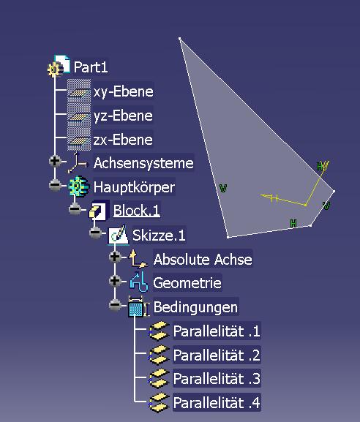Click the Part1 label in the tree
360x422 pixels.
pos(91,67)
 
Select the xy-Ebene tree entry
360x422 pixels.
pos(124,91)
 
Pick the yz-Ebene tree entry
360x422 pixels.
pos(123,116)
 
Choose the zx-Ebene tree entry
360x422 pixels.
pos(123,140)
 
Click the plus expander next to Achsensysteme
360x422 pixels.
pos(55,161)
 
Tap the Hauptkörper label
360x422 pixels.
pos(134,187)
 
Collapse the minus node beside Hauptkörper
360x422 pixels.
pos(55,185)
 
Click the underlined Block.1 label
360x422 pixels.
pos(137,211)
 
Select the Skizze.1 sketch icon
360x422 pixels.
pos(119,235)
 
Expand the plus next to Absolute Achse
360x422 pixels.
pos(115,257)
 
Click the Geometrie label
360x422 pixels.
pos(187,283)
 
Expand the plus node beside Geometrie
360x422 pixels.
pos(115,280)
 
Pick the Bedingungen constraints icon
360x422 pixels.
pos(138,307)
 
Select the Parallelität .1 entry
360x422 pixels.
pos(217,331)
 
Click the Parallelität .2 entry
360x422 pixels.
pos(217,355)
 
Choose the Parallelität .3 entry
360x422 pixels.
pos(217,378)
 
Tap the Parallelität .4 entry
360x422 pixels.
pos(217,402)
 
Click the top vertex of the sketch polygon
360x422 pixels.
pos(180,39)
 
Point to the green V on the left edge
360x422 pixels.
pos(223,188)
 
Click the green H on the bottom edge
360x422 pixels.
pos(293,223)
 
